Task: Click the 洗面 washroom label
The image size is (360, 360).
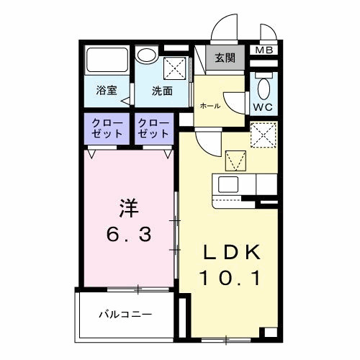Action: (x=161, y=91)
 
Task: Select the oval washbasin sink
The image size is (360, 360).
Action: (x=148, y=55)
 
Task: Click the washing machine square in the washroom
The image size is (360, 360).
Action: (x=174, y=69)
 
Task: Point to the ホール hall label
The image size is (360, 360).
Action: (x=210, y=105)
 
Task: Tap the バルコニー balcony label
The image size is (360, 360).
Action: (x=125, y=315)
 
